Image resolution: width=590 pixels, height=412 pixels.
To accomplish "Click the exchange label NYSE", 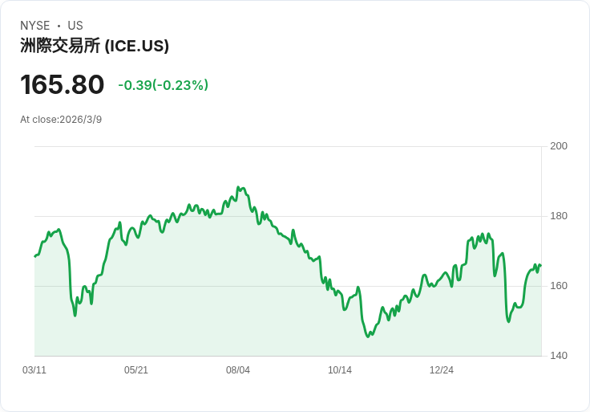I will pos(35,26).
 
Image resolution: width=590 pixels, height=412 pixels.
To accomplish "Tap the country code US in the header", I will pos(75,26).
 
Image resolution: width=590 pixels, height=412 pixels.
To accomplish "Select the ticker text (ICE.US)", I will pos(137,46).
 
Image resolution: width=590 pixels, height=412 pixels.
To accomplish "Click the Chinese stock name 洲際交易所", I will pos(60,46).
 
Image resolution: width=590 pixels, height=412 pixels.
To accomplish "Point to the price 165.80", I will pos(63,85).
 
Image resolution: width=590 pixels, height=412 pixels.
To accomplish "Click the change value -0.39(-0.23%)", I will pos(163,85).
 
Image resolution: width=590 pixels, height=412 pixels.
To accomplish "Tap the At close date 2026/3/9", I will pos(81,120).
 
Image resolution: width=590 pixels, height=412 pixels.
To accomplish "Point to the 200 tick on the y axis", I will pos(559,146).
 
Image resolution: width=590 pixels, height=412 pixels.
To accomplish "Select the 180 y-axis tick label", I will pos(559,216).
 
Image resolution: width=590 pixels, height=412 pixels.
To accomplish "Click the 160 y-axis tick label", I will pos(559,286).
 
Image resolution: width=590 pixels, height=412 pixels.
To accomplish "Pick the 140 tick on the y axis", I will pos(559,356).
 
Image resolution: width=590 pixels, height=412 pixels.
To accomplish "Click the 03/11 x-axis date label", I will pos(34,370).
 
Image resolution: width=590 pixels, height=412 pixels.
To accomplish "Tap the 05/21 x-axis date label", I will pos(136,370).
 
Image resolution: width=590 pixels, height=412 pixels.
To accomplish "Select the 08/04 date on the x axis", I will pos(238,370).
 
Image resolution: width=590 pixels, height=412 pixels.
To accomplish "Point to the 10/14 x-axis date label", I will pos(340,370).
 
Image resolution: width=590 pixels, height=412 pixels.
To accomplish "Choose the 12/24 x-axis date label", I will pos(442,370).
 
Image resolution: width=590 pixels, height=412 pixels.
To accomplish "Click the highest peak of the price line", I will pos(238,187).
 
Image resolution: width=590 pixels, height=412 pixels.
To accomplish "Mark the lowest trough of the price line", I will pos(368,337).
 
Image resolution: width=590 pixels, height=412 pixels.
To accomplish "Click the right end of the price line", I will pos(540,266).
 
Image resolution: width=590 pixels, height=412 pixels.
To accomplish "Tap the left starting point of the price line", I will pos(34,256).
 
